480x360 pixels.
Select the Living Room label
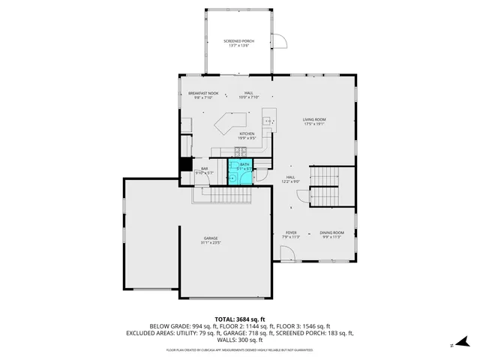[314, 121]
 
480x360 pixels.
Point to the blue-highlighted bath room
[242, 172]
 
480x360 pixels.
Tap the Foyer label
[291, 235]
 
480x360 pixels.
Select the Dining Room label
[331, 235]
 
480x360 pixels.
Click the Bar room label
[204, 171]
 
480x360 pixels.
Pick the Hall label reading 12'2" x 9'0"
[291, 179]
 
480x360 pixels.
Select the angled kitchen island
[232, 123]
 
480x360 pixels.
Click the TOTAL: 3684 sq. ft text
[240, 319]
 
